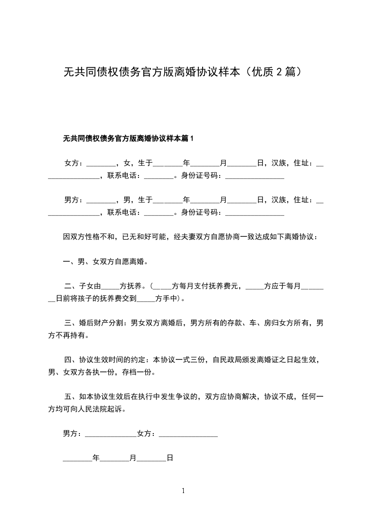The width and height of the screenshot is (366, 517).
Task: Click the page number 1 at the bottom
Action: (x=183, y=491)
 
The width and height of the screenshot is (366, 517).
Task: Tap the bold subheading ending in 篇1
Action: (x=128, y=138)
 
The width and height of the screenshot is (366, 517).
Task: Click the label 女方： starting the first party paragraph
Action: (x=74, y=163)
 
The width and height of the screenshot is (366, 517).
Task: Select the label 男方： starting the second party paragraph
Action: (x=74, y=200)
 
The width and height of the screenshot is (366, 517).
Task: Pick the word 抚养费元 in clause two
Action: (x=228, y=286)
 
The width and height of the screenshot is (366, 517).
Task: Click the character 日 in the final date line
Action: (x=169, y=458)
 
